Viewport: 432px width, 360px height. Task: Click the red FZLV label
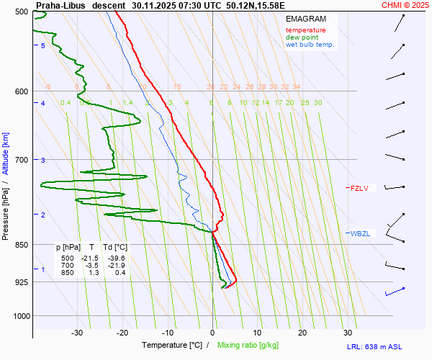[x=359, y=189]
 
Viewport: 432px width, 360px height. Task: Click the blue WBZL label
[x=359, y=233]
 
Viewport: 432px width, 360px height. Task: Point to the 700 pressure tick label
[x=22, y=159]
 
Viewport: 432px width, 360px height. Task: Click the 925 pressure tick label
[x=22, y=282]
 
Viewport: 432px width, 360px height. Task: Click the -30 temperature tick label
[x=77, y=333]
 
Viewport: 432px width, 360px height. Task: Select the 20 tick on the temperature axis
[x=302, y=333]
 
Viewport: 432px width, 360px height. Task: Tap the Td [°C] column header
[x=114, y=248]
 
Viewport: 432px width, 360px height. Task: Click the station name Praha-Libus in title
[x=58, y=4]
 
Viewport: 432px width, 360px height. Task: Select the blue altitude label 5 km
[x=43, y=45]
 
